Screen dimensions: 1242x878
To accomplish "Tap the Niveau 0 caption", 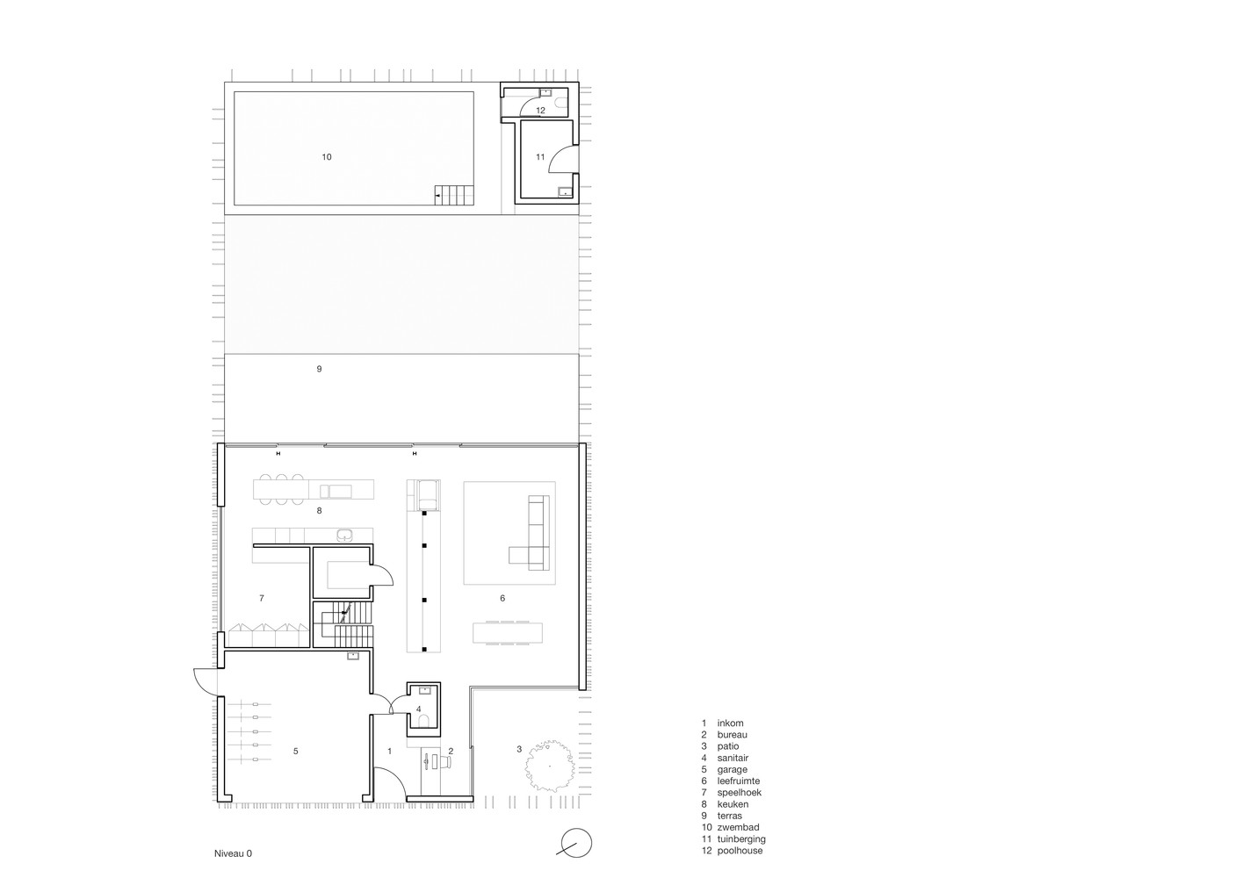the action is tap(233, 853).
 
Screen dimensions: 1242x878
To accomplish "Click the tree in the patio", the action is tap(550, 766).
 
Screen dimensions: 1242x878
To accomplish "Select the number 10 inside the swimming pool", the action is tap(327, 157).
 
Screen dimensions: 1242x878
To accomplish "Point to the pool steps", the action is tap(454, 195).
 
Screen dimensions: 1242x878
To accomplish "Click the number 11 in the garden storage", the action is tap(540, 157).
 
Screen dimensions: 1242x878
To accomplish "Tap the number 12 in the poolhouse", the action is tap(540, 111).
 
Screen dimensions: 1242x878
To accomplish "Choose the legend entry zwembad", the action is tap(738, 827).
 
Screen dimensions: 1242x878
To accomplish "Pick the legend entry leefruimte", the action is tap(739, 781).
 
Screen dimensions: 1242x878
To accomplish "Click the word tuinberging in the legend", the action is tap(741, 839).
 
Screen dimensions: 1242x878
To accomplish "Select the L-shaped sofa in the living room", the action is tap(530, 533).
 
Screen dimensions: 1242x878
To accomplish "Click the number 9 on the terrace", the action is tap(319, 369).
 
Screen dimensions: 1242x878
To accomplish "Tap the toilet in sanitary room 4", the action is tap(424, 721).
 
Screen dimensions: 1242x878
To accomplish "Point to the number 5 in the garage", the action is tap(295, 751).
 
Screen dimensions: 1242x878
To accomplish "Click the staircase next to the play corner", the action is tap(343, 624).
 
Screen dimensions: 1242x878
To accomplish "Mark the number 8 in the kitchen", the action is tap(319, 510).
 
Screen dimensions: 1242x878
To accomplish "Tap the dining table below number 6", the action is tap(508, 633).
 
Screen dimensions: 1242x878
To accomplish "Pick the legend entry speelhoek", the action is tap(739, 793).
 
